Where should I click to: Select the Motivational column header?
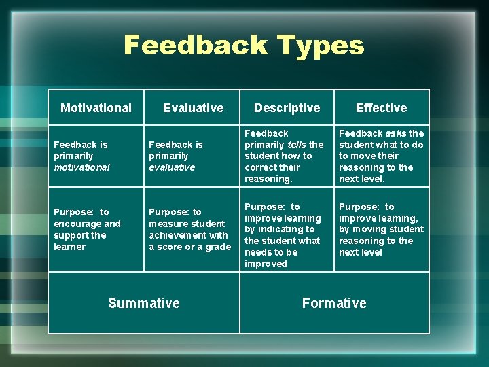(96, 107)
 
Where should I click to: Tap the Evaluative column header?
(193, 107)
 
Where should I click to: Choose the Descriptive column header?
(287, 107)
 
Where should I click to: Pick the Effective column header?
(381, 107)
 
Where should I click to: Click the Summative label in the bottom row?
(144, 303)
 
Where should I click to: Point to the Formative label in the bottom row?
(334, 303)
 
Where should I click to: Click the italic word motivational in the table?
(81, 167)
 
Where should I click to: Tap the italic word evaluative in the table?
(172, 167)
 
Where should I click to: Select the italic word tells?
(295, 145)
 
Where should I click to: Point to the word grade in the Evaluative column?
(218, 247)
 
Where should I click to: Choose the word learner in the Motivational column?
(70, 247)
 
